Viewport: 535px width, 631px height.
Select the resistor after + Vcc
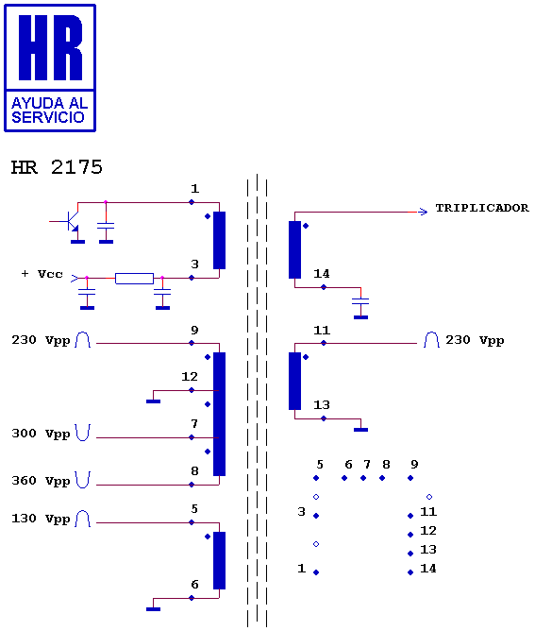coord(134,278)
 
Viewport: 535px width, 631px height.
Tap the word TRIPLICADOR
coord(482,208)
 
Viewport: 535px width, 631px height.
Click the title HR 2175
coord(57,167)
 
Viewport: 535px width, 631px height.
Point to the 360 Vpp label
coord(41,481)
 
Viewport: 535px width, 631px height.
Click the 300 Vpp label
coord(41,434)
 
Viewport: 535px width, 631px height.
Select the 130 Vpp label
coord(41,519)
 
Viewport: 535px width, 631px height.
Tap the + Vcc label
coord(42,274)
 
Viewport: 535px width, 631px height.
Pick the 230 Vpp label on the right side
coord(475,340)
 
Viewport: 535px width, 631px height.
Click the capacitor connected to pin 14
coord(360,301)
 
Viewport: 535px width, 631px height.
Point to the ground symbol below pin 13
coord(360,430)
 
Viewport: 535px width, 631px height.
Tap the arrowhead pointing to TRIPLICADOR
coord(423,212)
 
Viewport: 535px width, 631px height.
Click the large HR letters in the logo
coord(50,47)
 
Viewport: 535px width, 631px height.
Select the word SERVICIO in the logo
coord(48,117)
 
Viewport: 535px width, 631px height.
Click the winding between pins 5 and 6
coord(219,560)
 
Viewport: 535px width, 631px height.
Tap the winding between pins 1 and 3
coord(219,240)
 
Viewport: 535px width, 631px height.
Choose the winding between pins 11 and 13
coord(294,381)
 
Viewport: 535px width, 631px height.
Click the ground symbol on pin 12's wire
coord(153,401)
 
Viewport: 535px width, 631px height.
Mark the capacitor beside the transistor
coord(106,226)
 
